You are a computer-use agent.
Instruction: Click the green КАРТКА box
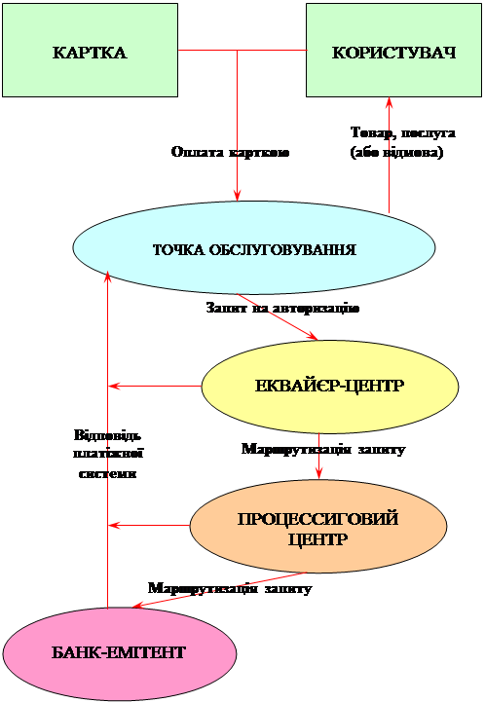(x=91, y=51)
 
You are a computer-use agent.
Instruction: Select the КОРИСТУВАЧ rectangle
(x=394, y=51)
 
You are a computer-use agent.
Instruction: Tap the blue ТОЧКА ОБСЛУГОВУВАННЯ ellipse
(x=254, y=247)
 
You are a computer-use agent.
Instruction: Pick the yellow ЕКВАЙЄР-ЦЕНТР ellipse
(x=330, y=386)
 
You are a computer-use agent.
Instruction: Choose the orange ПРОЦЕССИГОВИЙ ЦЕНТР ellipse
(x=318, y=526)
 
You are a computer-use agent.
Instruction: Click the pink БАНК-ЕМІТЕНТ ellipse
(x=119, y=653)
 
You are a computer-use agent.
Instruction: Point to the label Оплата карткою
(x=231, y=153)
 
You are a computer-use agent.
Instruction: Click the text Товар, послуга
(x=403, y=132)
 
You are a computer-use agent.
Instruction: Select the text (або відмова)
(x=396, y=153)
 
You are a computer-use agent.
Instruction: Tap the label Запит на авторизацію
(x=282, y=309)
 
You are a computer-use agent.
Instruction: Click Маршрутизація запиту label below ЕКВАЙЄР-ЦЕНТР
(x=323, y=449)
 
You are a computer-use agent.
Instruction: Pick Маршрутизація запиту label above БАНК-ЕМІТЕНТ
(x=230, y=588)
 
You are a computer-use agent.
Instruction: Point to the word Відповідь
(x=107, y=435)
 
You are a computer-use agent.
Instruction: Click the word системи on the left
(x=107, y=474)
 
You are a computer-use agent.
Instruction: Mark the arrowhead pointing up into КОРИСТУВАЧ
(x=390, y=102)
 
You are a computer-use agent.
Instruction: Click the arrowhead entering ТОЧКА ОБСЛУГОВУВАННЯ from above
(x=237, y=195)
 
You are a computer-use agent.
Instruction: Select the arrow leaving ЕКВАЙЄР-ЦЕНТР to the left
(x=155, y=386)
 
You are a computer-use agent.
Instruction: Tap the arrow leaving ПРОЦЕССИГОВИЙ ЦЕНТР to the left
(x=149, y=525)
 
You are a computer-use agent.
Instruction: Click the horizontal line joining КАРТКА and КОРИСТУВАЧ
(x=242, y=50)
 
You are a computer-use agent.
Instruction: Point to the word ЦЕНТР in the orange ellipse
(x=317, y=538)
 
